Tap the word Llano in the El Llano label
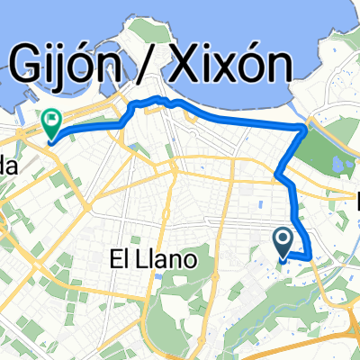173,261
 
